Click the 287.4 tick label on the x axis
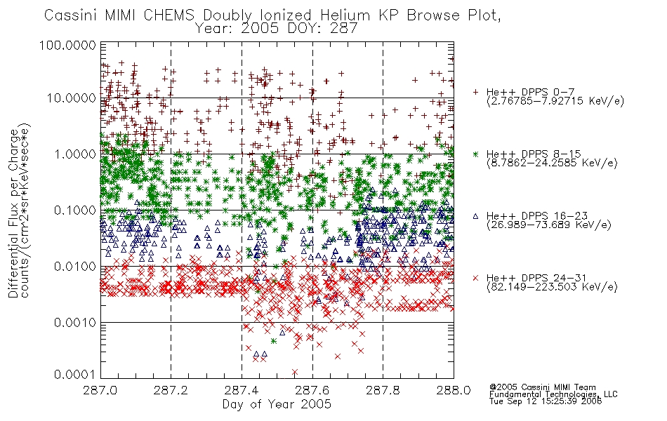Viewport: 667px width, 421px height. [x=242, y=390]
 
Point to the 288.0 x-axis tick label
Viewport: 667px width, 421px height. [x=454, y=390]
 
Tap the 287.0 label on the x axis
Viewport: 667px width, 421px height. [x=100, y=390]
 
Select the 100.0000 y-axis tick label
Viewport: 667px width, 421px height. [x=67, y=45]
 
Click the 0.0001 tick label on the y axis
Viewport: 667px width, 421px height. [x=74, y=374]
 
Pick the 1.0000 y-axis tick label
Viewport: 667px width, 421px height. [x=74, y=154]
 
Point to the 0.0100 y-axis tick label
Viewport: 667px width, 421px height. [x=74, y=267]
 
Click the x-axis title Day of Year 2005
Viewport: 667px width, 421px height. [x=277, y=404]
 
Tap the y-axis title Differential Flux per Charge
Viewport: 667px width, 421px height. [x=13, y=213]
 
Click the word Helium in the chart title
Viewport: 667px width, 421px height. [x=345, y=15]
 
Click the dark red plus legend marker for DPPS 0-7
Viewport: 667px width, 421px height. [x=475, y=92]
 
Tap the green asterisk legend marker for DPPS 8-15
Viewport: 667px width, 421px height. [x=475, y=154]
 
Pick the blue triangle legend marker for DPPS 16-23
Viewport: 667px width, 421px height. [x=475, y=216]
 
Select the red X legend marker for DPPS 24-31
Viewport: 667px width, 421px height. [x=475, y=278]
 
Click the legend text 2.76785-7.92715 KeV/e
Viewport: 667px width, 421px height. [x=555, y=101]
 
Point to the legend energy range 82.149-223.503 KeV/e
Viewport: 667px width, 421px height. [x=552, y=287]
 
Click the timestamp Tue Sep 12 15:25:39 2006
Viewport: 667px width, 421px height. [x=546, y=401]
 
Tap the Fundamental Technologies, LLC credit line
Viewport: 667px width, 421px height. [x=553, y=394]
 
